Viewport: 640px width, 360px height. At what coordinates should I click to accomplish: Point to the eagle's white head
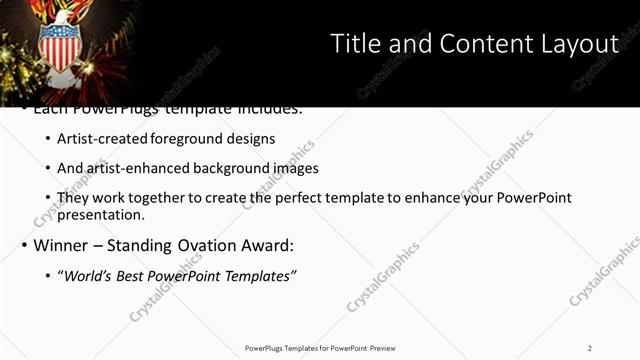point(62,17)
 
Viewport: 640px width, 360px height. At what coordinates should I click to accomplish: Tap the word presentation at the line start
point(100,214)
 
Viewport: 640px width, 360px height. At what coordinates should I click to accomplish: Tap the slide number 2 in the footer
point(589,347)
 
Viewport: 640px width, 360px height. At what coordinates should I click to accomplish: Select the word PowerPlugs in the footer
point(265,347)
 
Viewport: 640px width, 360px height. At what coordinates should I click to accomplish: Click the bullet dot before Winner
point(24,245)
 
